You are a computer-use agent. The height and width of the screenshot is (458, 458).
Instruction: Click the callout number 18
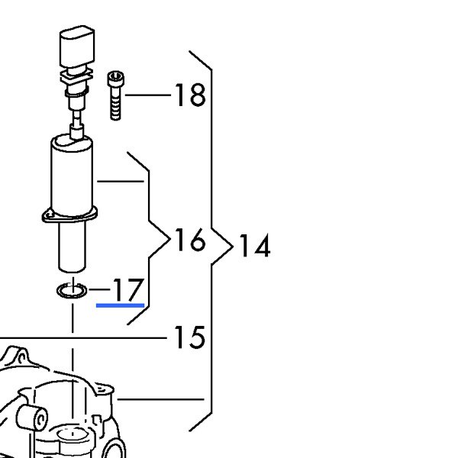click(190, 95)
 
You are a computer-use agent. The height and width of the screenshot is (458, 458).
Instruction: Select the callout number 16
click(189, 239)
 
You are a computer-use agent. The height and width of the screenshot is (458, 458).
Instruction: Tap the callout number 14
click(254, 246)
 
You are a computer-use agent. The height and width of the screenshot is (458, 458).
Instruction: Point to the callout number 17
click(128, 289)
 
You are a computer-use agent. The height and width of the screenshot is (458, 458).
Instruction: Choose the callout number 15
click(189, 337)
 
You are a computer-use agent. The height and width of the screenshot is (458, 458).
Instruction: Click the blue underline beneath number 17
click(120, 305)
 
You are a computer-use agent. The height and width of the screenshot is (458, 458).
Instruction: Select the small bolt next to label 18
click(116, 95)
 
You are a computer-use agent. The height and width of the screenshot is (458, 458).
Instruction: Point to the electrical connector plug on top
click(77, 47)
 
